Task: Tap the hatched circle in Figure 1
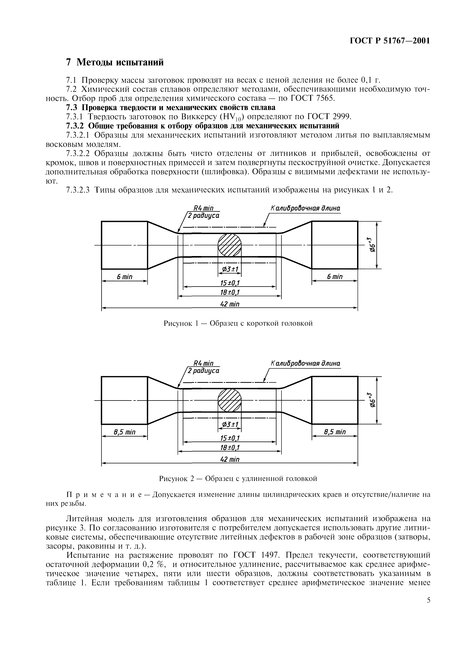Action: [x=230, y=245]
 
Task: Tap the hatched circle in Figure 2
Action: [x=230, y=400]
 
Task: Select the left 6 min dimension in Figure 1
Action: [x=124, y=277]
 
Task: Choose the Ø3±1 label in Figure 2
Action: [x=230, y=424]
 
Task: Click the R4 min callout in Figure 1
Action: [x=204, y=208]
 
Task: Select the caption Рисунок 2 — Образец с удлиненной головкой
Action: [x=238, y=478]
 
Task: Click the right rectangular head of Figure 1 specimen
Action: [x=334, y=245]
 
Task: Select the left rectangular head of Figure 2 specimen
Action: [x=124, y=400]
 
